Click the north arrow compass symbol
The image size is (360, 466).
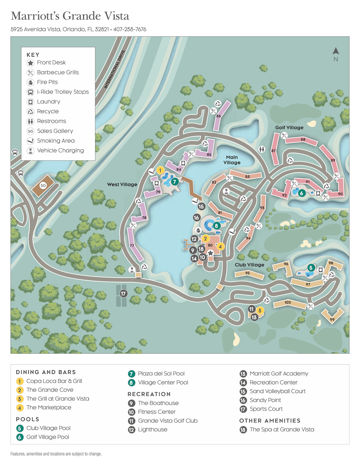[336, 52]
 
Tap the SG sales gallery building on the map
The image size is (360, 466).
[43, 185]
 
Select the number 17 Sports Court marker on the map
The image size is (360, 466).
[123, 294]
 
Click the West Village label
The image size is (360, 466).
[122, 184]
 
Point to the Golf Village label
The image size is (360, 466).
[289, 127]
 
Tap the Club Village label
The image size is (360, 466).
[249, 265]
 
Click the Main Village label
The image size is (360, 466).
[232, 160]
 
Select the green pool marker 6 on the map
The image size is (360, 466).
[301, 193]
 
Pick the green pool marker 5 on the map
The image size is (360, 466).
[311, 268]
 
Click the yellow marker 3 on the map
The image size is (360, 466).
[260, 310]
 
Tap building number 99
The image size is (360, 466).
[332, 319]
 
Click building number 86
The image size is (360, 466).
[219, 116]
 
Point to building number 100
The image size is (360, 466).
[288, 303]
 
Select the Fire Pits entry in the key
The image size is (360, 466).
[47, 82]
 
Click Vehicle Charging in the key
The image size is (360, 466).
[60, 151]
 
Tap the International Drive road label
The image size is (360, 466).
[115, 69]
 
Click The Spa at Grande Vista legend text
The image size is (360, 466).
[282, 429]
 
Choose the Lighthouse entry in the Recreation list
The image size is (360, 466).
[153, 429]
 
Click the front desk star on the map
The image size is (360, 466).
[211, 253]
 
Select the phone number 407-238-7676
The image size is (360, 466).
[130, 29]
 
